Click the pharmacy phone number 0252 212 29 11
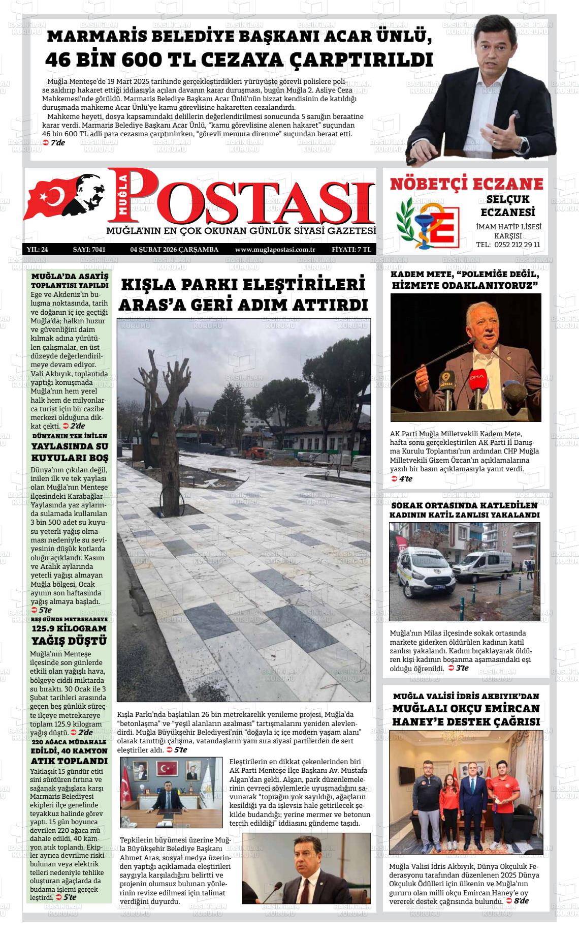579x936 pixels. (x=508, y=245)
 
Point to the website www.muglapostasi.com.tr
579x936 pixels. (x=275, y=250)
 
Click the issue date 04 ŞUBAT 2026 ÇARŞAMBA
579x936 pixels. (x=174, y=250)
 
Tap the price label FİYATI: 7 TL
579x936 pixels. (x=351, y=250)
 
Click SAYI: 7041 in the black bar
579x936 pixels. (x=89, y=250)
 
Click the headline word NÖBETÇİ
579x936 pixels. (x=428, y=184)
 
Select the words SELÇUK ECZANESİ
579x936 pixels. (x=508, y=205)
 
